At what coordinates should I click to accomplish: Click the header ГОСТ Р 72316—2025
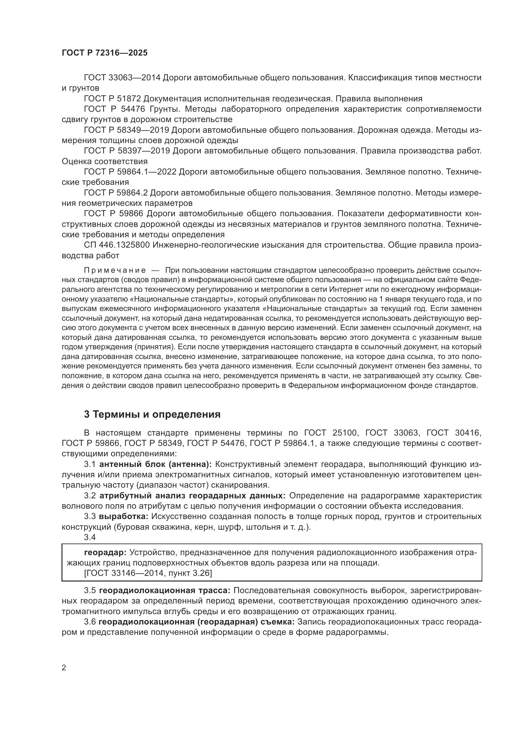pyautogui.click(x=104, y=53)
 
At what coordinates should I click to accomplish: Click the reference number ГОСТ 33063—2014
pyautogui.click(x=122, y=78)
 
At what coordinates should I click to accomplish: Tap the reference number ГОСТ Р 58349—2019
pyautogui.click(x=126, y=130)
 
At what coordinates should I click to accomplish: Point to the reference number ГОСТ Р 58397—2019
pyautogui.click(x=126, y=151)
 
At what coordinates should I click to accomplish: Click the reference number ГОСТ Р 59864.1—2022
pyautogui.click(x=130, y=172)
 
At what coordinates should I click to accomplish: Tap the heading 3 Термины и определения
pyautogui.click(x=152, y=414)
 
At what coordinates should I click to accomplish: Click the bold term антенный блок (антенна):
pyautogui.click(x=156, y=464)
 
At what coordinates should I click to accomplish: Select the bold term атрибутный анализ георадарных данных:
pyautogui.click(x=193, y=496)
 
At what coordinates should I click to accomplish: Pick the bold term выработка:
pyautogui.click(x=124, y=517)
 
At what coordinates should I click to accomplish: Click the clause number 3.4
pyautogui.click(x=90, y=537)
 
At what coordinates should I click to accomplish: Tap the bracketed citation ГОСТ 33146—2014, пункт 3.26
pyautogui.click(x=148, y=574)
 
